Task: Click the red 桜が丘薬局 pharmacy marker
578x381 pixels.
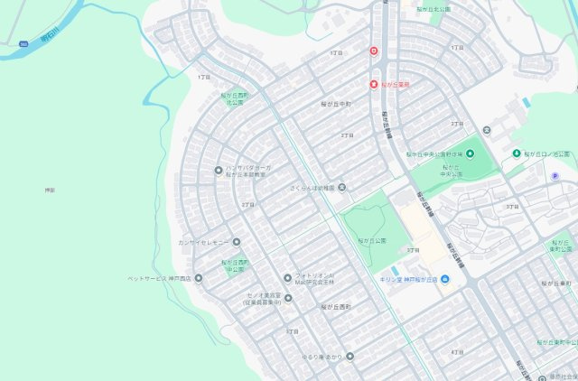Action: coord(373,84)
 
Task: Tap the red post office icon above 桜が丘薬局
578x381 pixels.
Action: coord(373,51)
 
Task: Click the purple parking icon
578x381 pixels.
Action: coord(555,176)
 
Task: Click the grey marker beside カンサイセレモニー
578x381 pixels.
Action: coord(237,242)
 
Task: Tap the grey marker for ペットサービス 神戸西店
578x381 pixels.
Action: coord(199,277)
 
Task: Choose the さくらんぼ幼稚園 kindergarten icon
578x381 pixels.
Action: coord(341,188)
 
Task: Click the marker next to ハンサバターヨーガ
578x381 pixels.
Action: coord(218,170)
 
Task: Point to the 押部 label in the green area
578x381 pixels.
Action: coord(50,190)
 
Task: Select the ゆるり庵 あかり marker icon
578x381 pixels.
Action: coord(350,356)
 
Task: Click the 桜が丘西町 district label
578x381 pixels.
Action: coord(335,307)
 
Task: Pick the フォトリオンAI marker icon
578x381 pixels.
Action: coord(287,277)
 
